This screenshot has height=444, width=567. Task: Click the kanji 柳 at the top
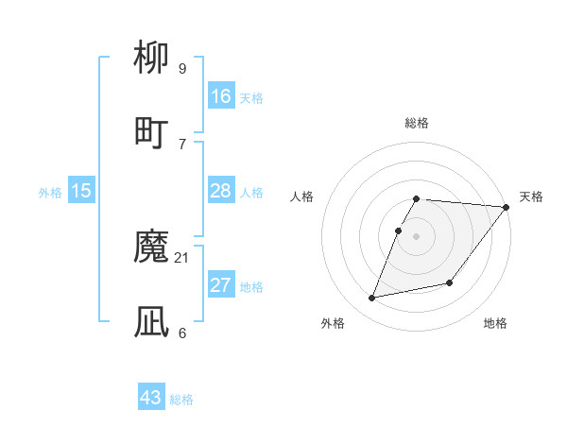(152, 59)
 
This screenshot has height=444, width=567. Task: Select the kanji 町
(152, 131)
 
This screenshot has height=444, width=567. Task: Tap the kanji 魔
(152, 248)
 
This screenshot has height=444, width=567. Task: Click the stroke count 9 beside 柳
(181, 68)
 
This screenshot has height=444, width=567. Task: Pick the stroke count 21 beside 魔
(182, 258)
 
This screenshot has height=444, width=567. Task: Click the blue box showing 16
(221, 96)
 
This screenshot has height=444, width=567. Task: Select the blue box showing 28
(221, 191)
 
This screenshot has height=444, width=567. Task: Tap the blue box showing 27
(221, 285)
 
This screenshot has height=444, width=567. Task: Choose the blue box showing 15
(81, 191)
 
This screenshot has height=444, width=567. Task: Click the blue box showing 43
(151, 398)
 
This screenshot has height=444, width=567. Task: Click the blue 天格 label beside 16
(251, 98)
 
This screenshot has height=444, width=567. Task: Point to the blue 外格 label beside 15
(50, 193)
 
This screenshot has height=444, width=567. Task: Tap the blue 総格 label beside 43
(181, 400)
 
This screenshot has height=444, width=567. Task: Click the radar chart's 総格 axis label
(417, 123)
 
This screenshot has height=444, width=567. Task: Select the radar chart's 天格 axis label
(531, 196)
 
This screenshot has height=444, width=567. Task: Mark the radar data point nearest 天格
(507, 207)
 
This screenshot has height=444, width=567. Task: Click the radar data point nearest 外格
(372, 299)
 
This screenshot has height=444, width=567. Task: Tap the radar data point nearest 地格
(450, 282)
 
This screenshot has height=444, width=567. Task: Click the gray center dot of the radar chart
(417, 236)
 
